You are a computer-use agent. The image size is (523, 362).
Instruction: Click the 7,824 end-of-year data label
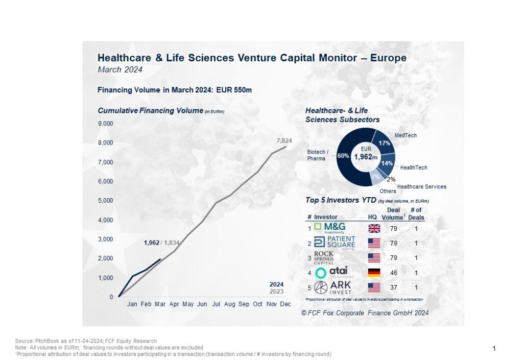point(283,140)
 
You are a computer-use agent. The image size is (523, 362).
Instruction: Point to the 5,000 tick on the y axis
point(106,201)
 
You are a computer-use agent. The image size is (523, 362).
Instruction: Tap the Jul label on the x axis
point(216,304)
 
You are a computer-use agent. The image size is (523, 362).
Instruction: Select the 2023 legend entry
point(277,292)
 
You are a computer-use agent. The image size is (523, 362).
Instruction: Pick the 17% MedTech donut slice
point(382,138)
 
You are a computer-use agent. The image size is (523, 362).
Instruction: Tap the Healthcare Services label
point(421,187)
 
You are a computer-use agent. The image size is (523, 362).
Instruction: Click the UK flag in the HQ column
point(375,228)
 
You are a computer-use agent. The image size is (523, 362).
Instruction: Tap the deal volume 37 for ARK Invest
point(394,288)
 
